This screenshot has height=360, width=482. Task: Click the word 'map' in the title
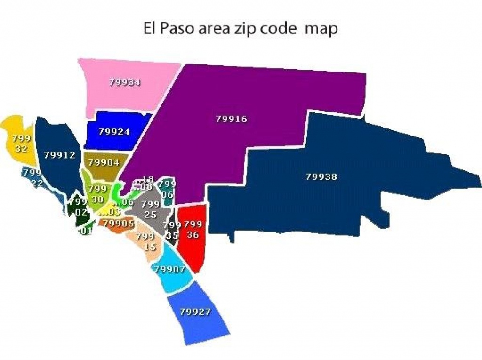pos(321,29)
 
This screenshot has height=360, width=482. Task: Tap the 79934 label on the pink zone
pos(125,82)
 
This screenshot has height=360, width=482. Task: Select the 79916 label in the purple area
pos(231,119)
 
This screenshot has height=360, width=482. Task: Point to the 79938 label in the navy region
pos(321,177)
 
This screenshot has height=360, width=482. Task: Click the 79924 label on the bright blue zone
pos(114,132)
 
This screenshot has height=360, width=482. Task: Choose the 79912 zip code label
pos(59,155)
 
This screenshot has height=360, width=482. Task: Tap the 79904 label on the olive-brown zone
pos(104,162)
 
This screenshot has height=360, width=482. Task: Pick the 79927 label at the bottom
pos(196,312)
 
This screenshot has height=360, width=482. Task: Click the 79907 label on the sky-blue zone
pos(169,270)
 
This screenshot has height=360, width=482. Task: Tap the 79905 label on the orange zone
pos(118,224)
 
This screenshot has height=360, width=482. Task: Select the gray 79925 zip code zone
pos(149,209)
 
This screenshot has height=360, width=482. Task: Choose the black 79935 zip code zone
pos(171,230)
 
